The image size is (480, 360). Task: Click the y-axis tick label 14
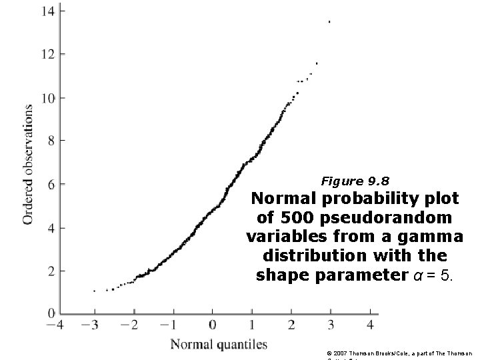[x=47, y=11]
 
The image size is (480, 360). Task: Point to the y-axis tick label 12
[x=47, y=53]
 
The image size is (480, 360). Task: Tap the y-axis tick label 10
[x=47, y=97]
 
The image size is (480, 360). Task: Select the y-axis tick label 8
[x=51, y=141]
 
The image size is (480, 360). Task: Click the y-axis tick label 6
[x=51, y=184]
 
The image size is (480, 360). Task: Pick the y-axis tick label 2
[x=51, y=271]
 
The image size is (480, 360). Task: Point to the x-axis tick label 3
[x=331, y=325]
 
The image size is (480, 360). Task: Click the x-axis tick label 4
[x=371, y=325]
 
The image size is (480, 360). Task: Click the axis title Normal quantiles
[x=219, y=345]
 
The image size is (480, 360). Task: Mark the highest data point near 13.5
[x=329, y=22]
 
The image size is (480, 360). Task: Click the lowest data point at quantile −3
[x=94, y=291]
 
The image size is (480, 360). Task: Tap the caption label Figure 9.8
[x=355, y=181]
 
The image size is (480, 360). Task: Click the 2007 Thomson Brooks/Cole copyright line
[x=400, y=352]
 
